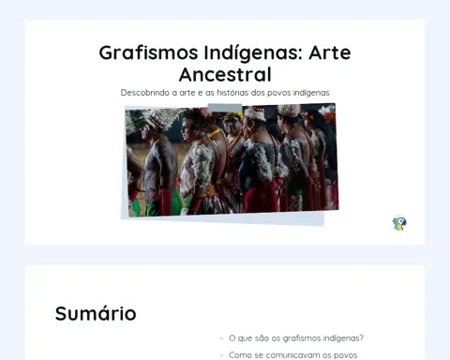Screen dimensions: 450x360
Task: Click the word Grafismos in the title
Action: coord(148,52)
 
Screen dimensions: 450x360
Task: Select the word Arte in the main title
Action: coord(330,52)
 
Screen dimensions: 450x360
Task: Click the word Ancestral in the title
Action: coord(225,74)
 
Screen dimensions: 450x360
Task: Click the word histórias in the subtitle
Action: coord(232,93)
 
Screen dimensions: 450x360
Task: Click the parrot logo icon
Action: coord(399,223)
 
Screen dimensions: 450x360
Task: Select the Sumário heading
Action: coord(96,313)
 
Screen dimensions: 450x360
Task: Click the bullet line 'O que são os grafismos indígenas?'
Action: coord(296,338)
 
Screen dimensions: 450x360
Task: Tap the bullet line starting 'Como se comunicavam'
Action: coord(293,355)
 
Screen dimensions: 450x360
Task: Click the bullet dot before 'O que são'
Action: coord(221,338)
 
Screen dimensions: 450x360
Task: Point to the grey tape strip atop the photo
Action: coord(225,108)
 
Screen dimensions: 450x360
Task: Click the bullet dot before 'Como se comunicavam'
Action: coord(221,355)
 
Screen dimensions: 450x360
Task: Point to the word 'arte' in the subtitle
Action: coord(187,93)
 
